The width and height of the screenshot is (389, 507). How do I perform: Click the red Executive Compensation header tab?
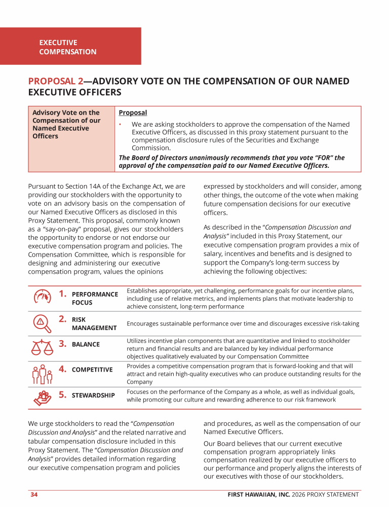70,47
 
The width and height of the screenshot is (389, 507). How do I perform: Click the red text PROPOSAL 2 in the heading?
56,81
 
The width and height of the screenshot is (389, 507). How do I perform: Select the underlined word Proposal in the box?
133,113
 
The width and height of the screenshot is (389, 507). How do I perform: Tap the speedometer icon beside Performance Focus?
43,297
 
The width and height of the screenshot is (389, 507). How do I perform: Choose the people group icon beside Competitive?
42,374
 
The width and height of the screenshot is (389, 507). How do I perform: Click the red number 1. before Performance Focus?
63,293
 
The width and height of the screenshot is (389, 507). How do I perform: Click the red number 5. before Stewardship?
63,394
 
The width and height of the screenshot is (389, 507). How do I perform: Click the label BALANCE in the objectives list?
86,344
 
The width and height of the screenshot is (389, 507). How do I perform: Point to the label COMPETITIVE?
92,370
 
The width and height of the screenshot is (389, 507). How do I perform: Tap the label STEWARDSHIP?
93,395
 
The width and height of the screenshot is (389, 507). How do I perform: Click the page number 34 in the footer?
34,494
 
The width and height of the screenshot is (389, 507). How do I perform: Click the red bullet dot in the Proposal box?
121,124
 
